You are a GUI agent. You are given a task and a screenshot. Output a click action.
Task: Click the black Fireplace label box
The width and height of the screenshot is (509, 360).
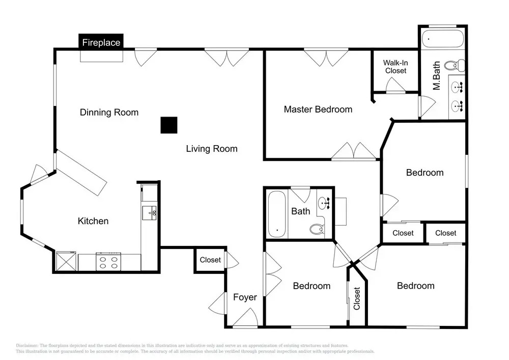(101, 42)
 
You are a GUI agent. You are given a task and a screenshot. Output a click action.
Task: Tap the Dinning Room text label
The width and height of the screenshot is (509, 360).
(109, 113)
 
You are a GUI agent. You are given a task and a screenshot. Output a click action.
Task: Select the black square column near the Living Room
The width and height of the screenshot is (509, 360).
(169, 125)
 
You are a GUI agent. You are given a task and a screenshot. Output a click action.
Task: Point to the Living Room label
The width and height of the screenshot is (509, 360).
(212, 149)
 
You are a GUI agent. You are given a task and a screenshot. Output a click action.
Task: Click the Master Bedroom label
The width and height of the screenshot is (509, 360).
(318, 109)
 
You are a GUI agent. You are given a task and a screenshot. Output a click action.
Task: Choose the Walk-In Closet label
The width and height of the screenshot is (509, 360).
(395, 67)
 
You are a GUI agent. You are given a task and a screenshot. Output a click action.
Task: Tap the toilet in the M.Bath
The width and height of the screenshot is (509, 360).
(454, 66)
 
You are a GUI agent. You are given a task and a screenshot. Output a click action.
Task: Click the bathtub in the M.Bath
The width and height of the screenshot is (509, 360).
(443, 39)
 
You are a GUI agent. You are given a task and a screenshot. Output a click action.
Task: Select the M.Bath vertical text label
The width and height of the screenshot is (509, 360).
(437, 76)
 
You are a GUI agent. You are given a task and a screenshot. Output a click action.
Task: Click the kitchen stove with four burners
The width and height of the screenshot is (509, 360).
(108, 262)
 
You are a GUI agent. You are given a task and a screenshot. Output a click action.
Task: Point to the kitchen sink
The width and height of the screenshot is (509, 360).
(149, 213)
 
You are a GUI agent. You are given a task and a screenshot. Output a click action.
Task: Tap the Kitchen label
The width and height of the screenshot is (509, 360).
(93, 221)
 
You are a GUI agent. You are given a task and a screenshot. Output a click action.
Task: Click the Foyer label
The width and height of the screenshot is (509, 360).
(245, 297)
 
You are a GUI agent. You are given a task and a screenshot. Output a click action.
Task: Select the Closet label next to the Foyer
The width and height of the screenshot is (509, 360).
(210, 260)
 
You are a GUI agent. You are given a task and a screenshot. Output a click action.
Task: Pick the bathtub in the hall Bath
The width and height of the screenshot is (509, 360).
(277, 214)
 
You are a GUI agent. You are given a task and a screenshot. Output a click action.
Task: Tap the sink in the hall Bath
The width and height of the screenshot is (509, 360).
(324, 203)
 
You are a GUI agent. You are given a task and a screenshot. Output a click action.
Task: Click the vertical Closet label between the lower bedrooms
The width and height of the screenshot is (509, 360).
(357, 298)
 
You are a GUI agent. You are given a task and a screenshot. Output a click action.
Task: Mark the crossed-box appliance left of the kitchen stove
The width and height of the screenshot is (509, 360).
(66, 261)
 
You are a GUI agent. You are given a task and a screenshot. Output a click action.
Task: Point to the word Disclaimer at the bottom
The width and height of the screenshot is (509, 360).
(27, 345)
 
